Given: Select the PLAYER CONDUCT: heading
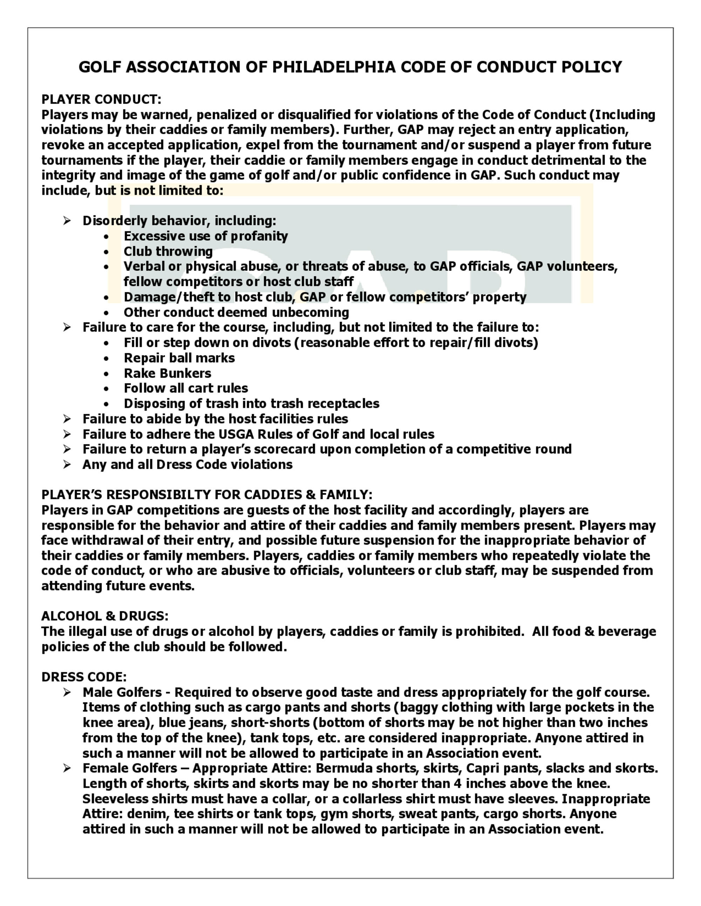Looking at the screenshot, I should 101,99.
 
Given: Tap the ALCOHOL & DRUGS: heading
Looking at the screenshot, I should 105,616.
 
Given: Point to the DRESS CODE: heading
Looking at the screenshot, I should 84,677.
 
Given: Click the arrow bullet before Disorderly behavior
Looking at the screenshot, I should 67,221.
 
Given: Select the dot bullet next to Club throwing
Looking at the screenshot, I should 107,252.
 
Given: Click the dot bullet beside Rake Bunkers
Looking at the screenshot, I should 107,374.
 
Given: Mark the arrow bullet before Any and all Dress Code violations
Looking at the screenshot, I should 67,465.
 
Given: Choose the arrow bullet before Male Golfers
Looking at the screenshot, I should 67,692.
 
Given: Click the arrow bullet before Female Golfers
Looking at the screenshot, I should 67,768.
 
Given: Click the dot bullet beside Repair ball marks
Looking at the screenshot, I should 107,358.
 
